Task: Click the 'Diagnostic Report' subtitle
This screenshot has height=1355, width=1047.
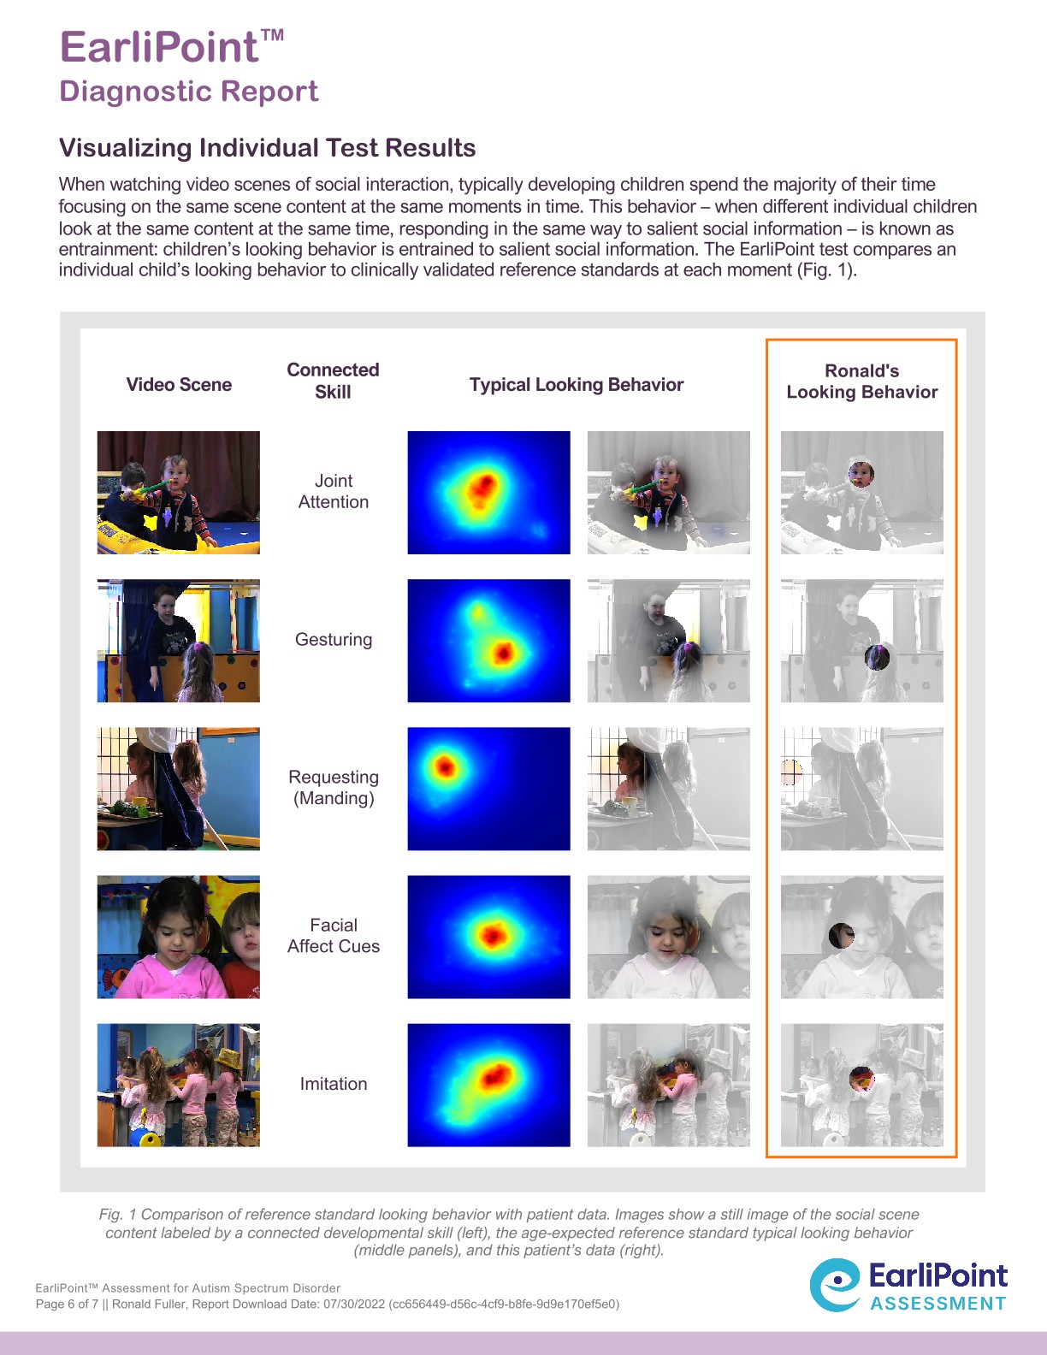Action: tap(188, 91)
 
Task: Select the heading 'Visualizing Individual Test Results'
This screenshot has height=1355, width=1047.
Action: tap(267, 148)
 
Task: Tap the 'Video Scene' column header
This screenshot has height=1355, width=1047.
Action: tap(179, 385)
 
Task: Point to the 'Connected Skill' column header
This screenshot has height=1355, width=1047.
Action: tap(333, 381)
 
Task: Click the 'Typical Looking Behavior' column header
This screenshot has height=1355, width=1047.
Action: tap(577, 385)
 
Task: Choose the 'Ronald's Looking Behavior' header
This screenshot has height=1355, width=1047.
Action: tap(861, 382)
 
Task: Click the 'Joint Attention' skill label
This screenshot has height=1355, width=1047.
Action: tap(334, 492)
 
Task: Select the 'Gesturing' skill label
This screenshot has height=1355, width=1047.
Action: tap(334, 640)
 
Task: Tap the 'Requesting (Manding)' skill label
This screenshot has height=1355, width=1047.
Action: tap(334, 788)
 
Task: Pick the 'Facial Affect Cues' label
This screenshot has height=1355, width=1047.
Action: tap(334, 936)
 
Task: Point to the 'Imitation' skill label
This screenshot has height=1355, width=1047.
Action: tap(334, 1084)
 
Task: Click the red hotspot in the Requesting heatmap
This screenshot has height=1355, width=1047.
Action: tap(445, 766)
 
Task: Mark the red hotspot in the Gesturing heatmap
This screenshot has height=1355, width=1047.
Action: tap(503, 654)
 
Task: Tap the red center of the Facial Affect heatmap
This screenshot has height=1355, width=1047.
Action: tap(492, 935)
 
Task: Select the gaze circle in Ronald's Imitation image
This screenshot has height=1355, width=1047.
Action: tap(861, 1079)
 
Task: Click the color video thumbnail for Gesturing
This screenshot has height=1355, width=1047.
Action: tap(178, 641)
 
